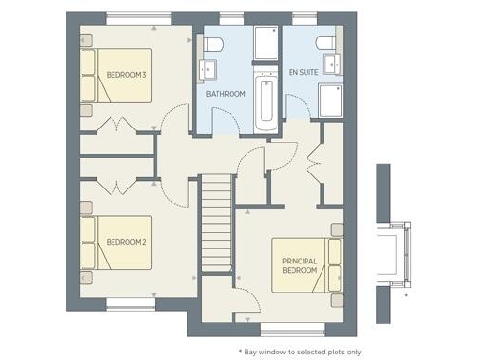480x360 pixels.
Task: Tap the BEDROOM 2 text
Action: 127,242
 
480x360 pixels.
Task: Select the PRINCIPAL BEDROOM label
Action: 301,264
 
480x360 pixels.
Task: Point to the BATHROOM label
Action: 226,94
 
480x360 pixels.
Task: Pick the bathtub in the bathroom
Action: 265,99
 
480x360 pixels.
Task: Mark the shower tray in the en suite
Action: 332,101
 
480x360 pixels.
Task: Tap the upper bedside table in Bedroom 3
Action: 84,42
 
